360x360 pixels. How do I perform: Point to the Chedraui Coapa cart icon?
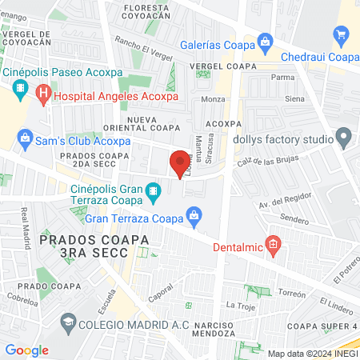(x=342, y=34)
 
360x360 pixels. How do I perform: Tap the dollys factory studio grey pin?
(x=344, y=138)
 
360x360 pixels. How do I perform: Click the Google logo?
(x=26, y=350)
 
